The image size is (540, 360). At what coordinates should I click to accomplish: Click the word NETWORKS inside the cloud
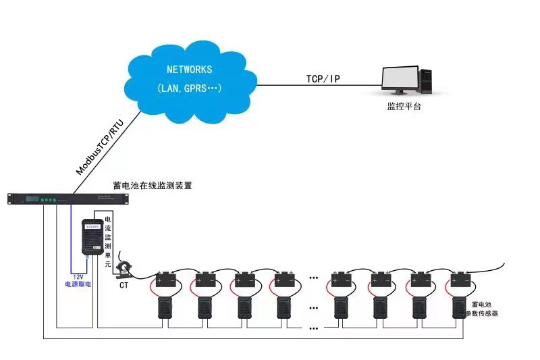pos(190,70)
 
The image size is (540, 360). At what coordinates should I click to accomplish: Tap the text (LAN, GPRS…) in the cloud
pos(190,88)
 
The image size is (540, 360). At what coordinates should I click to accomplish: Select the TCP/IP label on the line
pos(323,79)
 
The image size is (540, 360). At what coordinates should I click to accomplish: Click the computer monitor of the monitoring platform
pos(400,80)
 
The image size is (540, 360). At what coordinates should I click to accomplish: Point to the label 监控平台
pos(404,107)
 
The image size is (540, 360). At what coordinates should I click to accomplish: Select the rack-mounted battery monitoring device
pos(67,199)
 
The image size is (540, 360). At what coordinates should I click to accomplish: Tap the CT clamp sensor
pos(126,267)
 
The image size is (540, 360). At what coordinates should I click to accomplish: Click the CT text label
pos(124,286)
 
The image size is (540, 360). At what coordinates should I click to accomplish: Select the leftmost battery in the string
pos(165,279)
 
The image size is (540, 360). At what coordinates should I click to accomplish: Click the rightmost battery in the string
pos(462,279)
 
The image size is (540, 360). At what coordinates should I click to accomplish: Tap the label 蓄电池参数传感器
pos(485,309)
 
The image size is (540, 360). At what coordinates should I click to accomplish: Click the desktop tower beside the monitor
pos(427,81)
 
